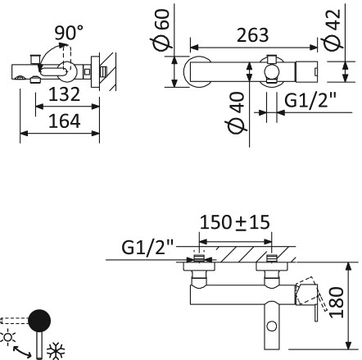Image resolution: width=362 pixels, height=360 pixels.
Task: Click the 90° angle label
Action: [69, 34]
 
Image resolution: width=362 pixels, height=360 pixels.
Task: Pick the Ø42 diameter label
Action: [333, 30]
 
